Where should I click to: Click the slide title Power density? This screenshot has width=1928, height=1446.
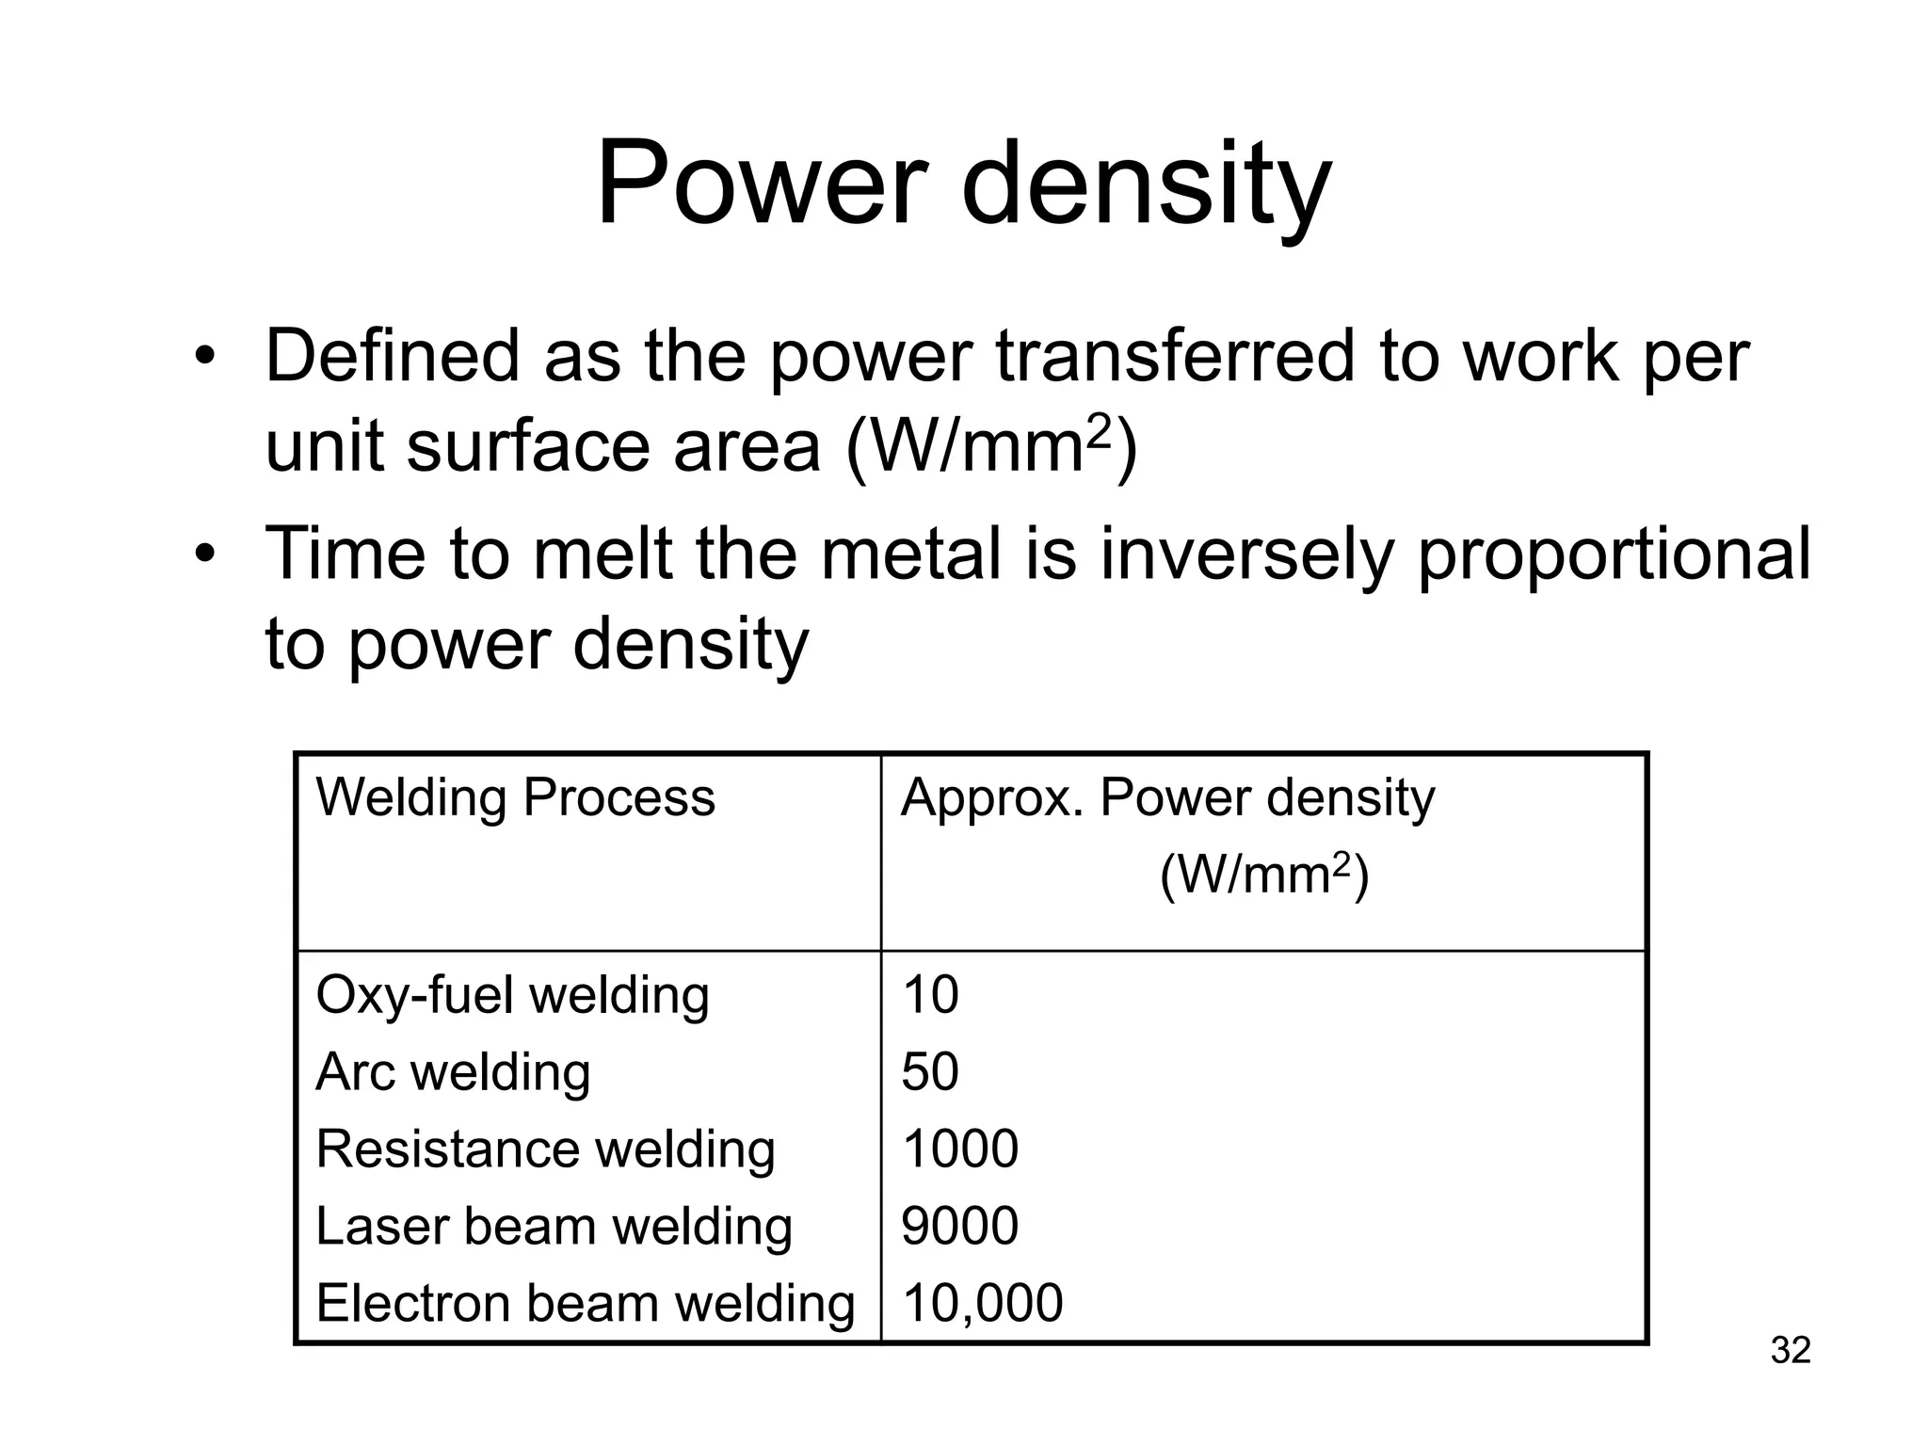963,184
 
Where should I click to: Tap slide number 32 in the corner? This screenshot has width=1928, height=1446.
1790,1350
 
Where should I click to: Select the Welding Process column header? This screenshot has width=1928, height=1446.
515,798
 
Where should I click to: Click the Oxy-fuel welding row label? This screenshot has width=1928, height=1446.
512,995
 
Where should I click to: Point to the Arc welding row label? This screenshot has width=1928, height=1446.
453,1072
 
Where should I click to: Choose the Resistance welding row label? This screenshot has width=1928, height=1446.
545,1149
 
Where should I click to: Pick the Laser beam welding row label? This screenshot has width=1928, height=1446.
554,1227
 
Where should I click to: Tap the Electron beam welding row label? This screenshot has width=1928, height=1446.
585,1304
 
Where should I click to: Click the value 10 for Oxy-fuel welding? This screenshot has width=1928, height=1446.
930,995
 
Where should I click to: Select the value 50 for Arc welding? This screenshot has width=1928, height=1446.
930,1072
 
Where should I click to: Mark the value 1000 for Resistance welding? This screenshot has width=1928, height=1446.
959,1149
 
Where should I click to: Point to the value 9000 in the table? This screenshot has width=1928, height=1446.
959,1227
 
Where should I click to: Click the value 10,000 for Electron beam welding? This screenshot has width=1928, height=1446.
982,1304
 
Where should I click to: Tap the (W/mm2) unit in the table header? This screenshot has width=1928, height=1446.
1263,876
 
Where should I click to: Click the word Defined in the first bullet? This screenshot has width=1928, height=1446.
393,357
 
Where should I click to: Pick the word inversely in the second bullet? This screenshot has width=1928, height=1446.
1246,554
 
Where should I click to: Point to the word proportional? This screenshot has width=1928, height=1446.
1614,556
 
